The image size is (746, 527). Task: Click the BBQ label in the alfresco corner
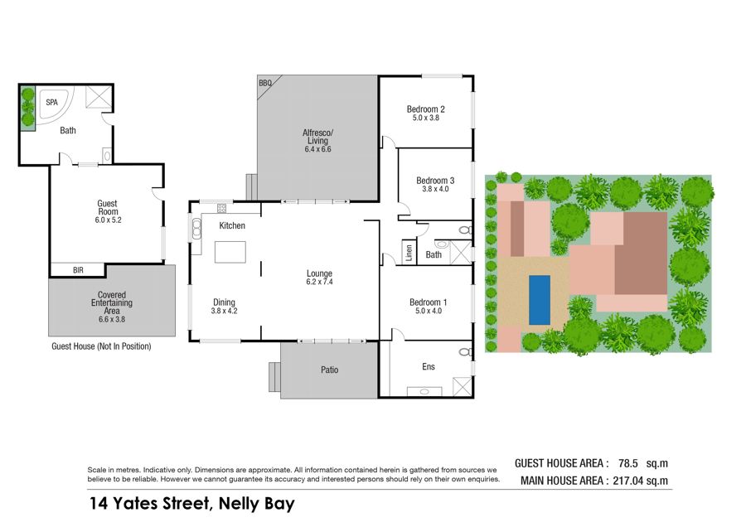point(265,83)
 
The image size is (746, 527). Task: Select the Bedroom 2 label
point(426,109)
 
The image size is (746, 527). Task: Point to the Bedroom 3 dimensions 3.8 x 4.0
point(435,189)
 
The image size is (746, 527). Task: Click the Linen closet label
point(409,253)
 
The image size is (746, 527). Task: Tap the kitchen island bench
point(230,252)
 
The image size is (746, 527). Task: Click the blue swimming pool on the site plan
point(540,301)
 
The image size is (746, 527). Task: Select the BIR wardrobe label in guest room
point(78,270)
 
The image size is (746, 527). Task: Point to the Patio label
point(329,370)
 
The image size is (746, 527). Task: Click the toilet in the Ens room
point(465,352)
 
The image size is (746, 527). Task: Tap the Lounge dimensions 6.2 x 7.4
point(319,282)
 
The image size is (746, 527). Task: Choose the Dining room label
point(224,302)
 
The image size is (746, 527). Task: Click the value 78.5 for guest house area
point(628,463)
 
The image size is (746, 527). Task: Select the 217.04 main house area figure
point(628,481)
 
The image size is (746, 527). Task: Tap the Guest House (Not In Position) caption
point(101,346)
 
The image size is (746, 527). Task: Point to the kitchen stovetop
point(221,208)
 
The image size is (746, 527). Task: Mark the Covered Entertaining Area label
point(112,302)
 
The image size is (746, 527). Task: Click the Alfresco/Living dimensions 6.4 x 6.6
point(317,149)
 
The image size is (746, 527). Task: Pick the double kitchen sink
point(196,229)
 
